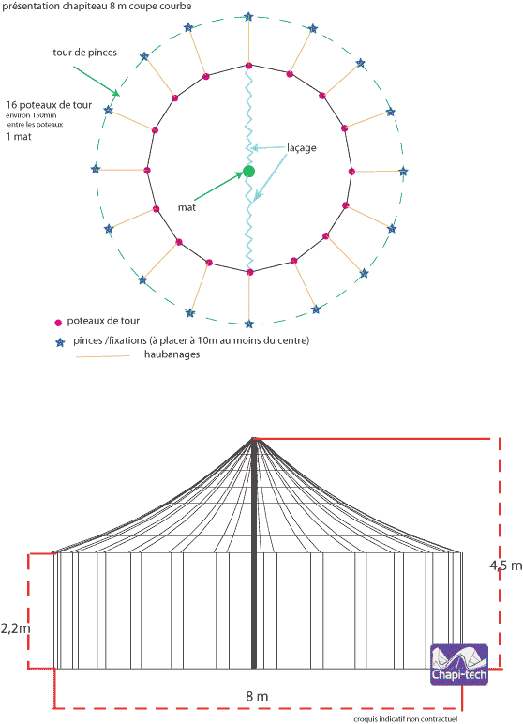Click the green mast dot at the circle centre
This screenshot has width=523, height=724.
[x=248, y=172]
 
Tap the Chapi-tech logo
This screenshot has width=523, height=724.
[x=459, y=664]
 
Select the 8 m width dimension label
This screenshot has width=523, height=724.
[x=257, y=696]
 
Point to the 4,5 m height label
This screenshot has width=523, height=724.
[x=506, y=566]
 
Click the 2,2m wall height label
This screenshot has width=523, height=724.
[x=16, y=628]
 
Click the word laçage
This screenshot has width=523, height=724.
[x=302, y=148]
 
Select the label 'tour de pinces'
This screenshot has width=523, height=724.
[x=85, y=53]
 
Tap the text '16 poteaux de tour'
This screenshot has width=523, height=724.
[x=49, y=105]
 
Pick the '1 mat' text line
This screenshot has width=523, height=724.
[x=19, y=136]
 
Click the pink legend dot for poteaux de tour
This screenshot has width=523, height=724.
[x=58, y=323]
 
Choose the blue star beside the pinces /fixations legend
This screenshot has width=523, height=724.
[x=60, y=342]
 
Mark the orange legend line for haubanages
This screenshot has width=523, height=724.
[x=103, y=356]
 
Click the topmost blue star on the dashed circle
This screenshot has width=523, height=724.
[x=248, y=17]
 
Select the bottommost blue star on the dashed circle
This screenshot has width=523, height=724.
[x=249, y=324]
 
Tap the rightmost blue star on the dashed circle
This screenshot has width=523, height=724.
[x=403, y=172]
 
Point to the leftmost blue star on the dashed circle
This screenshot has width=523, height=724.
[x=96, y=169]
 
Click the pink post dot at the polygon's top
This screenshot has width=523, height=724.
[x=248, y=66]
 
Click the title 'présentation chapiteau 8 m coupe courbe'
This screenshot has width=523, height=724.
[x=97, y=6]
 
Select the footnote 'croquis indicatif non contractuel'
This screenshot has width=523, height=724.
[x=406, y=719]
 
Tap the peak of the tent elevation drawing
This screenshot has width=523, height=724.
[x=253, y=438]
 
